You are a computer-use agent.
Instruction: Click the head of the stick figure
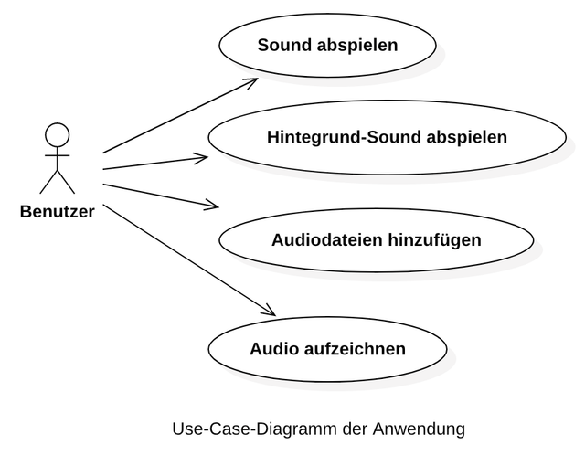pyautogui.click(x=57, y=134)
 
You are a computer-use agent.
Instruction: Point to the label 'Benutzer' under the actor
pyautogui.click(x=57, y=213)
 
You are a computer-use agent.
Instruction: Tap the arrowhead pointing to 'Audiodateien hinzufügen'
pyautogui.click(x=213, y=205)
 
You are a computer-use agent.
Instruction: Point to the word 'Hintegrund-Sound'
pyautogui.click(x=344, y=138)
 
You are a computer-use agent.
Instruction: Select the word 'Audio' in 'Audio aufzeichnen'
pyautogui.click(x=272, y=348)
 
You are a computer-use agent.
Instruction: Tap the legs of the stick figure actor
pyautogui.click(x=57, y=182)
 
